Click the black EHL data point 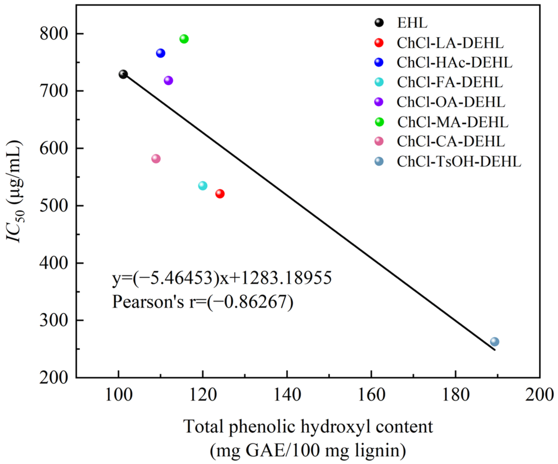tap(123, 74)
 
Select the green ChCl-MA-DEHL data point tap(184, 39)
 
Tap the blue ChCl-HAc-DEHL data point tap(160, 53)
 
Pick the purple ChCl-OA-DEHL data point tap(168, 80)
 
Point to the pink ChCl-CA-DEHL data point tap(156, 159)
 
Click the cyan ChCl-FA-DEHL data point tap(203, 185)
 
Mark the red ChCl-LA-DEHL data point tap(220, 194)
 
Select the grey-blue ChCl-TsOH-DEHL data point tap(494, 341)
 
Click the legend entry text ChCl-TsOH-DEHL tap(459, 162)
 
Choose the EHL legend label tap(412, 23)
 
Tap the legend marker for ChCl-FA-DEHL tap(379, 82)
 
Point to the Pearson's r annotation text tap(203, 302)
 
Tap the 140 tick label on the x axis tap(287, 395)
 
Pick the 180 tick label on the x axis tap(456, 395)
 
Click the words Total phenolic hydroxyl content tap(308, 427)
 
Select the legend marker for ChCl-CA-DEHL tap(379, 141)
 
